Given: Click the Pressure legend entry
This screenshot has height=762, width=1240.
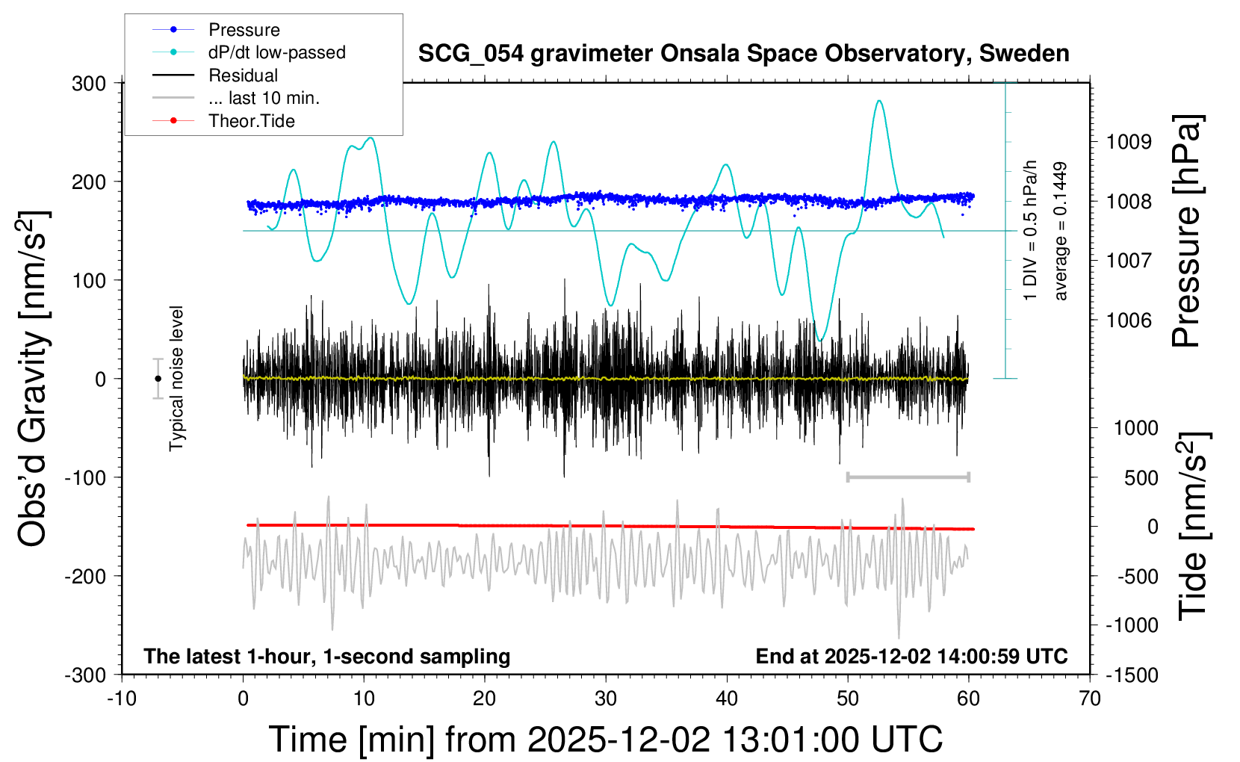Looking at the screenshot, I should click(x=244, y=30).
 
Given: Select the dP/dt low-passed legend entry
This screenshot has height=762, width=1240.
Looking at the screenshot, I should click(x=276, y=52).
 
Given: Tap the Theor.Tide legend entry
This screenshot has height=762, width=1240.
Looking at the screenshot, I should click(x=251, y=121).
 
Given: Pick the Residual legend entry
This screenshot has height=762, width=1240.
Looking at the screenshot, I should click(x=243, y=75).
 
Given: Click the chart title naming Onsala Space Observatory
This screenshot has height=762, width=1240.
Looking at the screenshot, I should click(x=743, y=54).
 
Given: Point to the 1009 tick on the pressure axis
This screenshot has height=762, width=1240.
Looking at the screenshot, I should click(x=1129, y=142).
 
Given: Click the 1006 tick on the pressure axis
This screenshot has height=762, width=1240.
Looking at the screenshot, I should click(x=1129, y=320).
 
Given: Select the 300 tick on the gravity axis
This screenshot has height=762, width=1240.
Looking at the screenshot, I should click(x=89, y=83).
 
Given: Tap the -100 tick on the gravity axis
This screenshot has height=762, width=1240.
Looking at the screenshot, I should click(x=84, y=477).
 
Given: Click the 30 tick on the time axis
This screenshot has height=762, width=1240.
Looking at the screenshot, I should click(x=606, y=698).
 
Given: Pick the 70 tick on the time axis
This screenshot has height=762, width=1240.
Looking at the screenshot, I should click(x=1090, y=698).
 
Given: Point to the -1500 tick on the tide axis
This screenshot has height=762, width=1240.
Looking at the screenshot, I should click(x=1131, y=675).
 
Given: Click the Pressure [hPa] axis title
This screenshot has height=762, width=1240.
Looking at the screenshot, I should click(x=1187, y=232).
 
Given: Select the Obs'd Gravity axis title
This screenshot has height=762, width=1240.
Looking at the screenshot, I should click(x=34, y=379).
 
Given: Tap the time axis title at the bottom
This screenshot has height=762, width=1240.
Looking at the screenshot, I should click(x=606, y=740).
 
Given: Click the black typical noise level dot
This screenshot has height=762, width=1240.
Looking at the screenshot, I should click(x=158, y=379).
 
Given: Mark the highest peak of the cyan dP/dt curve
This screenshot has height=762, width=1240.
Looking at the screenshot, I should click(x=879, y=101).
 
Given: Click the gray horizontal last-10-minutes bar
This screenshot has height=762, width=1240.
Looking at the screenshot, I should click(x=908, y=477).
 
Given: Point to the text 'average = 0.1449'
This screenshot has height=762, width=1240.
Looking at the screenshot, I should click(x=1061, y=232).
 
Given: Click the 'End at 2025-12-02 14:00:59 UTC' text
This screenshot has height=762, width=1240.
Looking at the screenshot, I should click(x=911, y=656).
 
